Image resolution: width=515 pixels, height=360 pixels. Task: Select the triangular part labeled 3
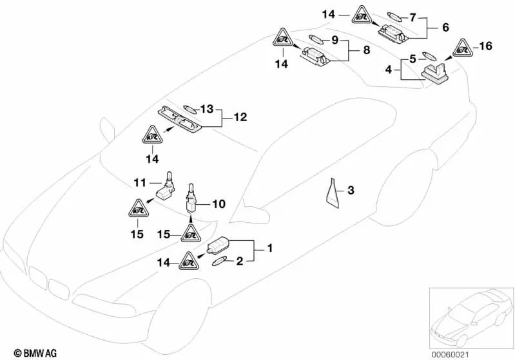pos(334,192)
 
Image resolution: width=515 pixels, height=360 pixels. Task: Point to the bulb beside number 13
pos(189,108)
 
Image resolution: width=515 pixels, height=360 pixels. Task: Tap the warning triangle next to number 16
pos(464,48)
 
